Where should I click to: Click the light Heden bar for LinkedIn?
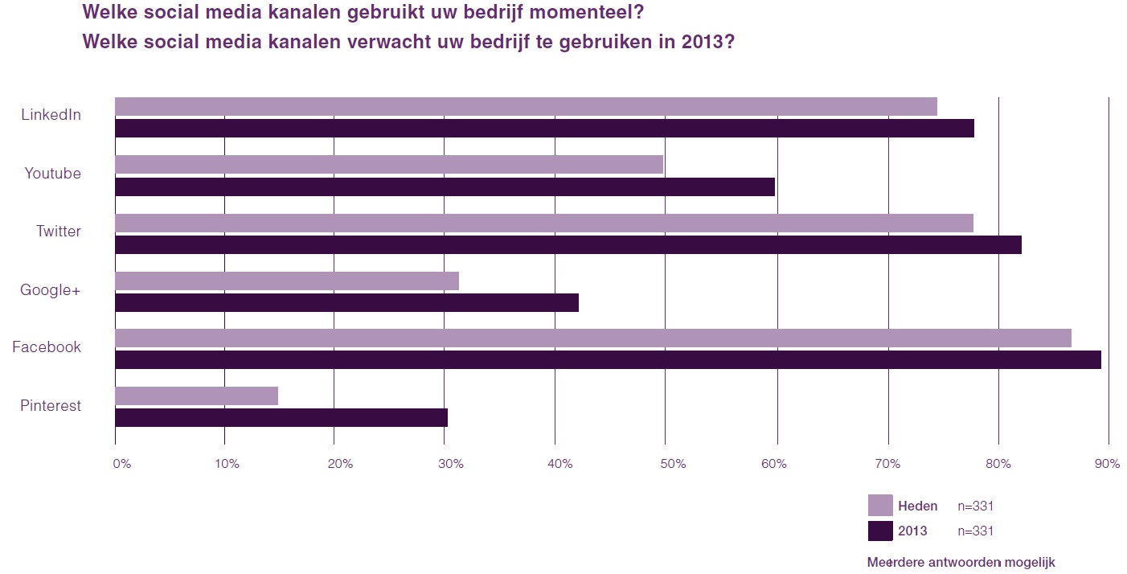(x=526, y=106)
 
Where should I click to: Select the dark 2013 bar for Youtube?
(x=445, y=187)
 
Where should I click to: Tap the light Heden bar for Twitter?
(x=543, y=223)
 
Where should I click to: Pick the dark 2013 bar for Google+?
(x=346, y=302)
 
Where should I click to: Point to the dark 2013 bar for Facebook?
(x=608, y=360)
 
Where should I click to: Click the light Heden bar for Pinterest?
(x=196, y=396)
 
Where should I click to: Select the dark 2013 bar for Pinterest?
(x=281, y=418)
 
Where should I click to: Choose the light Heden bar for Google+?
(x=287, y=281)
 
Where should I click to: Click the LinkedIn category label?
(x=51, y=115)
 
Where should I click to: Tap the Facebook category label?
(x=47, y=347)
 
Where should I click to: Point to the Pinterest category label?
(x=51, y=406)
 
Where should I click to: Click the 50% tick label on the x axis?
(x=673, y=464)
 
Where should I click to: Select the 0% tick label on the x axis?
(x=121, y=464)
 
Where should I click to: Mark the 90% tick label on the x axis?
(x=1107, y=464)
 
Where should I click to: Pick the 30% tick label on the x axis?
(x=452, y=464)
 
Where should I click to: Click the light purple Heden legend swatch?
(x=880, y=506)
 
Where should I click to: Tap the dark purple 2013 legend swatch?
(x=880, y=531)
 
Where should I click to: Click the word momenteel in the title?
(x=588, y=13)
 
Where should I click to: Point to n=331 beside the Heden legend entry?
(x=976, y=506)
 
